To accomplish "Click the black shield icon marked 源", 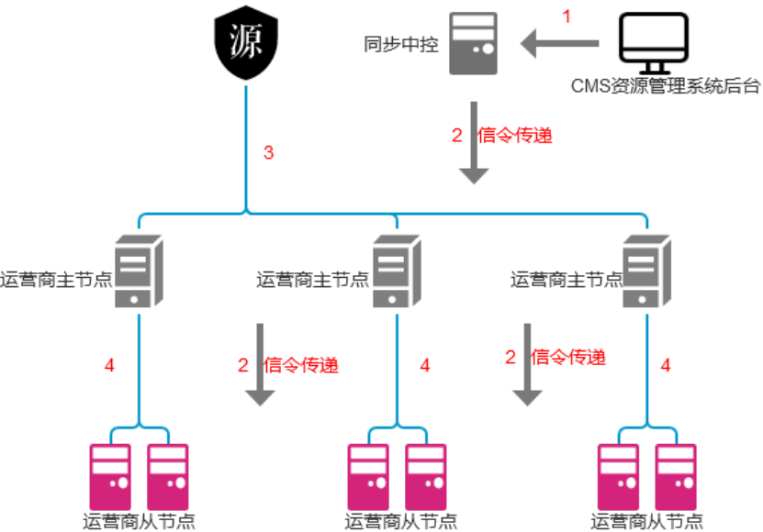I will coord(244,46).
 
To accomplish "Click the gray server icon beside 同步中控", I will coord(474,43).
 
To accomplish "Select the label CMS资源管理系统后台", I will coord(666,87).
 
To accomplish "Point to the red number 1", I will coord(567,17).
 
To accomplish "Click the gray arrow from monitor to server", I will coord(560,42).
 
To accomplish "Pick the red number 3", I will coord(268,153).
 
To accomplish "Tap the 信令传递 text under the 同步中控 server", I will coord(515,136).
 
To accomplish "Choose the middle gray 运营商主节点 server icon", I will coord(396,270).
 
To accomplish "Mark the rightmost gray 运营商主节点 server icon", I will coord(647,270).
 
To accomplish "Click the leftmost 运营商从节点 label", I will coord(139,522).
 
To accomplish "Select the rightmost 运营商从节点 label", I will coord(647,522).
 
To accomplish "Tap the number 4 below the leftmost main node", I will coord(109,365).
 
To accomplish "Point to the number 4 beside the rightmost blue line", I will coord(666,365).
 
